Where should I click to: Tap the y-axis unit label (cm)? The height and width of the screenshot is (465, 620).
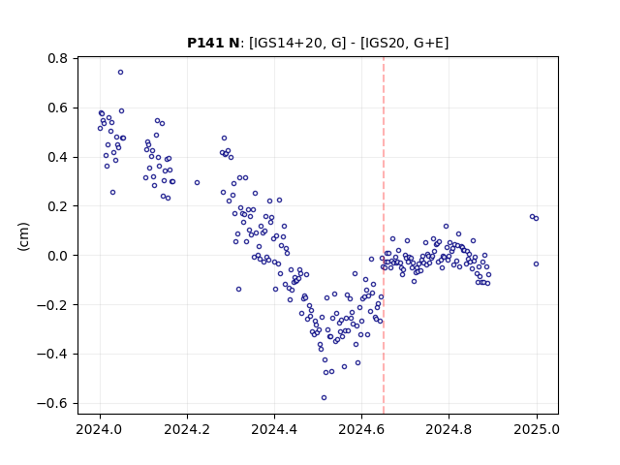23,236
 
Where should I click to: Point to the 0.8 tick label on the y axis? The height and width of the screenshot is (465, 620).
58,58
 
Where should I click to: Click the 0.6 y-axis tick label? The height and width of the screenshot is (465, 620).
58,108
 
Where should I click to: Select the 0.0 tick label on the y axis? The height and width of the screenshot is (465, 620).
58,256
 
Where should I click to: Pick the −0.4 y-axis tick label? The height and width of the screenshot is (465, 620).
52,355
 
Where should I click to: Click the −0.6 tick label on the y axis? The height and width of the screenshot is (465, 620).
52,403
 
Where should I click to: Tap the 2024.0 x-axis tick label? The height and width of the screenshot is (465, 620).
100,429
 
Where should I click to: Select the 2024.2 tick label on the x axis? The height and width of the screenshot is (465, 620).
187,429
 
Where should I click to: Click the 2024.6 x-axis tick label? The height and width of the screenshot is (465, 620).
361,429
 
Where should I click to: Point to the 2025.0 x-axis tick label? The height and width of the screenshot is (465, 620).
537,429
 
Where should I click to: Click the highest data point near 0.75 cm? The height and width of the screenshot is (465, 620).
120,73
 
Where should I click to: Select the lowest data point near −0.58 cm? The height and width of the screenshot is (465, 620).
324,398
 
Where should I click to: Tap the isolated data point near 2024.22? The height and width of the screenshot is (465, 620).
197,183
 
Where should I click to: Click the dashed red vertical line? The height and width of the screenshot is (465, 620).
384,235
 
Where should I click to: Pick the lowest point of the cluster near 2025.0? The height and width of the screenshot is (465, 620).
536,264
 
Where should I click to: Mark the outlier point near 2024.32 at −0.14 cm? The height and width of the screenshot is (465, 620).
238,290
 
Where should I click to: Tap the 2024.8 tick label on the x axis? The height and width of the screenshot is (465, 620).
449,429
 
